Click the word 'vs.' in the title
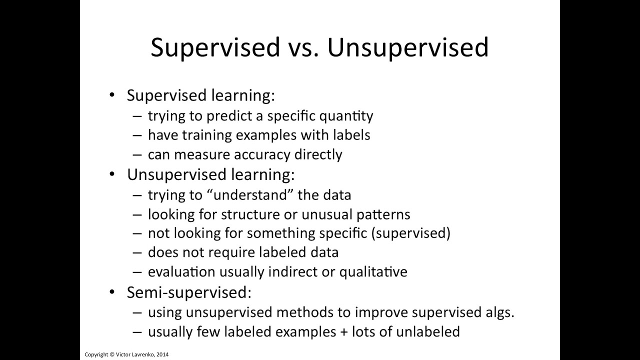coord(303,47)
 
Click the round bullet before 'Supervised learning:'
coord(112,95)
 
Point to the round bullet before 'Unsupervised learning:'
coord(112,174)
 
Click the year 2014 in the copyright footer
coord(162,354)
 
